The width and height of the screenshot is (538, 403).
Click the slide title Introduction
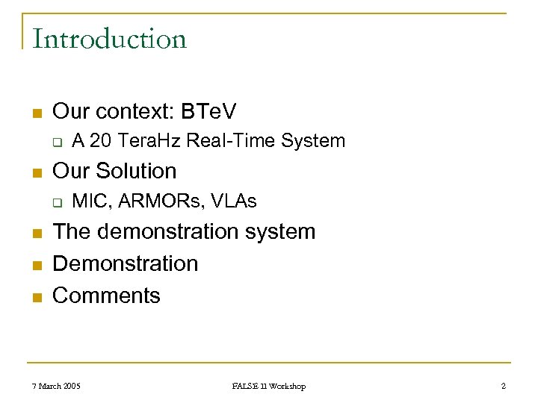pyautogui.click(x=109, y=39)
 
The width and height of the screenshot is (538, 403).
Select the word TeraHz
pyautogui.click(x=148, y=140)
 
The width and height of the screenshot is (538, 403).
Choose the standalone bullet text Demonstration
pyautogui.click(x=126, y=263)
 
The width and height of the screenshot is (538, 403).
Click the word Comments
pyautogui.click(x=106, y=296)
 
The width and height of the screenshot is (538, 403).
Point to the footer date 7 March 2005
pyautogui.click(x=57, y=386)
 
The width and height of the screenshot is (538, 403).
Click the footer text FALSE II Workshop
pyautogui.click(x=268, y=386)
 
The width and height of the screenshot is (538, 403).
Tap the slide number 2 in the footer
pyautogui.click(x=504, y=386)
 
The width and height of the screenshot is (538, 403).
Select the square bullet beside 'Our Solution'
pyautogui.click(x=36, y=172)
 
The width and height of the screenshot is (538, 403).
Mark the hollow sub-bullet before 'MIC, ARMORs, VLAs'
pyautogui.click(x=55, y=201)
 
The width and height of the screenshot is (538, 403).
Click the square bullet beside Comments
pyautogui.click(x=36, y=297)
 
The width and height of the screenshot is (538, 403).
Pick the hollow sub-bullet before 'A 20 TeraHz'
pyautogui.click(x=55, y=141)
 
